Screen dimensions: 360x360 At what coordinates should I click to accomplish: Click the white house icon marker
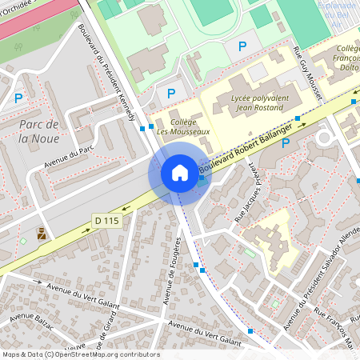coord(179,173)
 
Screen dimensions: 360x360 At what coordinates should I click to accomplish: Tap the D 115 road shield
coord(106,220)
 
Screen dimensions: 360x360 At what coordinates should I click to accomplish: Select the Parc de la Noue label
coord(39,131)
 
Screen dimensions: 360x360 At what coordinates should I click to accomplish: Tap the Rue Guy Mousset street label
coord(308,74)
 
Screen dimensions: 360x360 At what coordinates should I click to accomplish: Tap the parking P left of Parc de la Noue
coord(18,99)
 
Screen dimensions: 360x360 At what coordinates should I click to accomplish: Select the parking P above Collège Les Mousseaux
coord(170,94)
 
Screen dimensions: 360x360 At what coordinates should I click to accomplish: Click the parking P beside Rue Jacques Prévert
coord(285,166)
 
